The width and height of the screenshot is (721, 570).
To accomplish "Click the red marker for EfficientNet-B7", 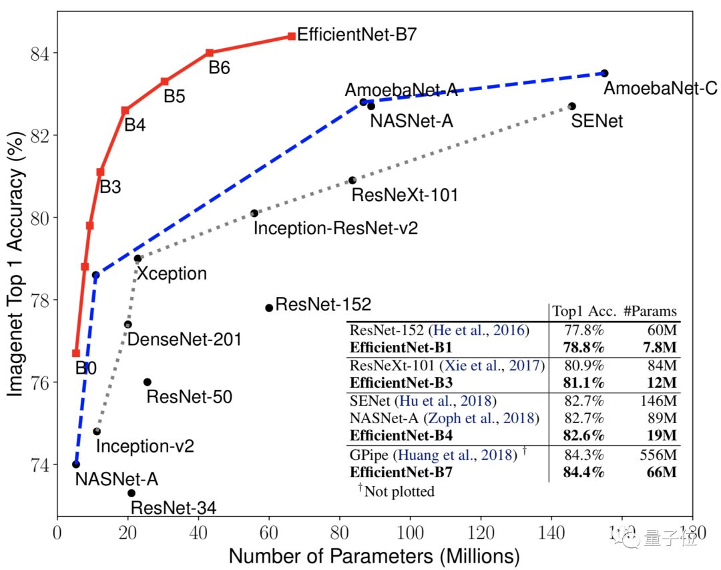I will [x=292, y=36].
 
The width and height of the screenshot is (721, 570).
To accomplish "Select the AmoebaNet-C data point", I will [x=604, y=73].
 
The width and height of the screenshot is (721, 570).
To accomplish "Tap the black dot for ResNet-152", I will [x=269, y=308].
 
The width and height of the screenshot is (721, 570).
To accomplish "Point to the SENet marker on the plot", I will [x=572, y=106].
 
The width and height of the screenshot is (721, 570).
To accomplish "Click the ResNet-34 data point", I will [x=132, y=493].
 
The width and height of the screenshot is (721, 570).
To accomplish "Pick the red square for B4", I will [x=125, y=110].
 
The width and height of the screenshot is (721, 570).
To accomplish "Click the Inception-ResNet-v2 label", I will [x=335, y=228].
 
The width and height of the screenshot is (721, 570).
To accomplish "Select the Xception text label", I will [x=172, y=274].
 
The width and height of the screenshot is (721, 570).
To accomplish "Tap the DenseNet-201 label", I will [x=184, y=340].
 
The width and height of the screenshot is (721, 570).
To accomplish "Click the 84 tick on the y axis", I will [x=40, y=53].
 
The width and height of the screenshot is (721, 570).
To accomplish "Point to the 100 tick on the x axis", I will [x=410, y=534].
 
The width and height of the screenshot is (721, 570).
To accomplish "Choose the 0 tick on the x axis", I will [x=57, y=534].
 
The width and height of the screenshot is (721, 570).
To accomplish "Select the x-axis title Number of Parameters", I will [x=374, y=556].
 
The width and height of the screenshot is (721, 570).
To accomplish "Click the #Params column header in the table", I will [x=650, y=311].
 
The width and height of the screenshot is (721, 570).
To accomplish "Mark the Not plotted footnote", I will [x=397, y=492].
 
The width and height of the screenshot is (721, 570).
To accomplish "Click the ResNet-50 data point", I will [x=148, y=382].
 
